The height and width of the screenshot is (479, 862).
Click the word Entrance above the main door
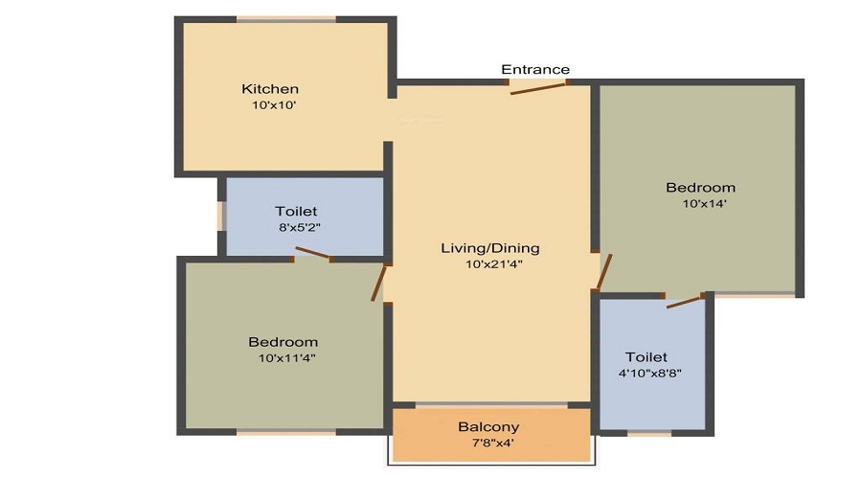(535, 69)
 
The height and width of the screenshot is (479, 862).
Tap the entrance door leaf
(537, 88)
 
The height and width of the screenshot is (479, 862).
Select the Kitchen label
(270, 89)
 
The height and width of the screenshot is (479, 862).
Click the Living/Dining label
(489, 248)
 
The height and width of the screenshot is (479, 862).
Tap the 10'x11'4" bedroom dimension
(286, 358)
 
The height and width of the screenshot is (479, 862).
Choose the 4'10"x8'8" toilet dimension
(652, 374)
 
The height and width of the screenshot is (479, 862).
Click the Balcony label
(488, 426)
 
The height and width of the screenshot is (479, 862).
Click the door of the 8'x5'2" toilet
(313, 253)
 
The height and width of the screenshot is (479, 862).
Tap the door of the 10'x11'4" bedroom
(379, 284)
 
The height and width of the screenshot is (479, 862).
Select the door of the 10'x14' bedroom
(602, 272)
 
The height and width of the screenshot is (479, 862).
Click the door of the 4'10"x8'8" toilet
(685, 301)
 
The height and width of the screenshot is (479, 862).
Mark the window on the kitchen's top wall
(285, 18)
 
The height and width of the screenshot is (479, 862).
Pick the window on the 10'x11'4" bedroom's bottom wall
(286, 432)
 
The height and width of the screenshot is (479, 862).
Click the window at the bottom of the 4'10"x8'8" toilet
(648, 433)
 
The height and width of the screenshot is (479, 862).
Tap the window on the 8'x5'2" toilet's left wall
(220, 216)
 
